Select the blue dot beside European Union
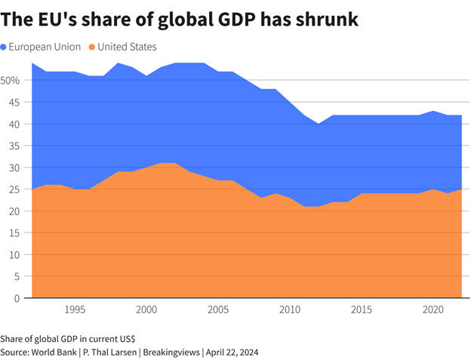[x=5, y=47]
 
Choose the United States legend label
[x=126, y=47]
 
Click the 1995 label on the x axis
[x=74, y=310]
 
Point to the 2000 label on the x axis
[x=146, y=310]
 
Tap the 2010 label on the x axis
[x=289, y=310]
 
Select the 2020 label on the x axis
[x=433, y=310]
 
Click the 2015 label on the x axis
[x=361, y=310]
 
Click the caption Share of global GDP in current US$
[x=68, y=338]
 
